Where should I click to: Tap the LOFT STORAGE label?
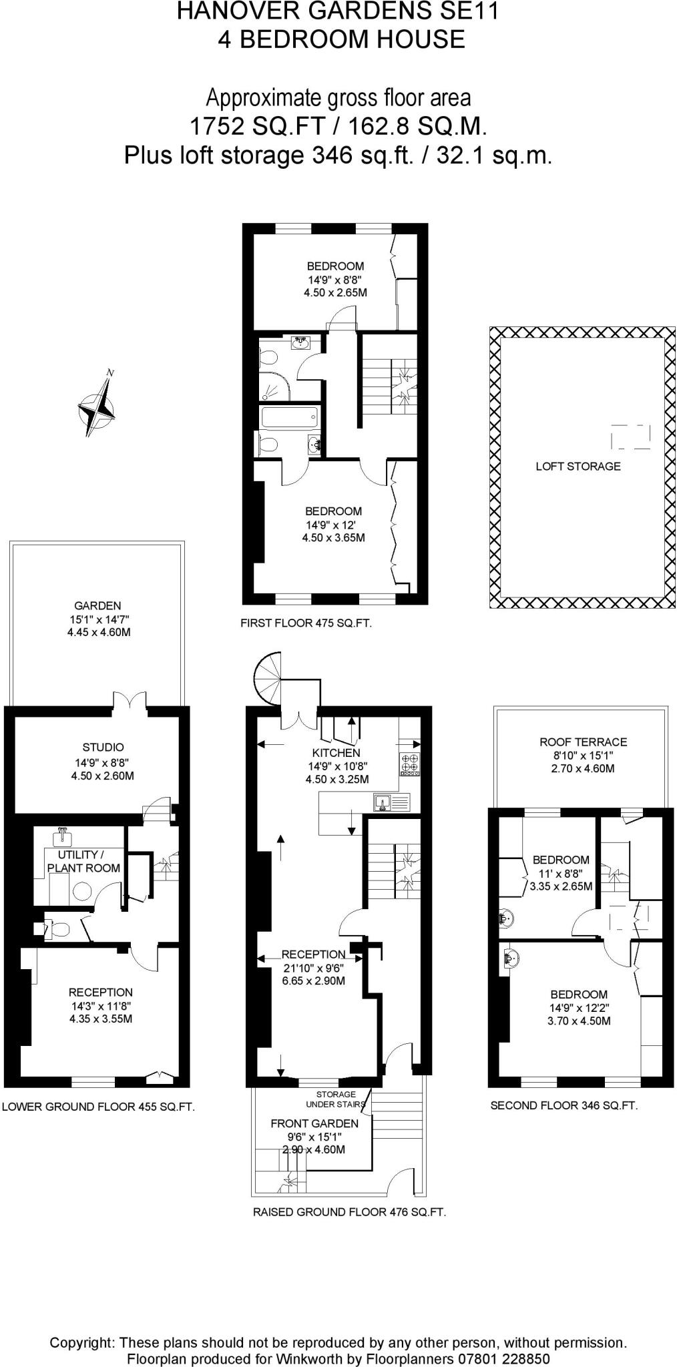(x=578, y=467)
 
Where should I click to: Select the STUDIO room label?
(x=103, y=747)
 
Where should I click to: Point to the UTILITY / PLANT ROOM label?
(x=83, y=861)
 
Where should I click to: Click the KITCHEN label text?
(x=336, y=753)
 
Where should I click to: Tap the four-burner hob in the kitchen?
(x=409, y=763)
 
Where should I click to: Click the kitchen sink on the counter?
(x=383, y=802)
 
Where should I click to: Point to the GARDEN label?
(x=97, y=605)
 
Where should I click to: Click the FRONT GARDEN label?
(x=314, y=1123)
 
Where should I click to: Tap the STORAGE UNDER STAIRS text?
(x=336, y=1099)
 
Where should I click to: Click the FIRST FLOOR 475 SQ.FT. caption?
(x=306, y=623)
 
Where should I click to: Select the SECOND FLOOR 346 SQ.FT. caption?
(x=564, y=1105)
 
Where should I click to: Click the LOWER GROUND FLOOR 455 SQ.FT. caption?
(x=98, y=1107)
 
